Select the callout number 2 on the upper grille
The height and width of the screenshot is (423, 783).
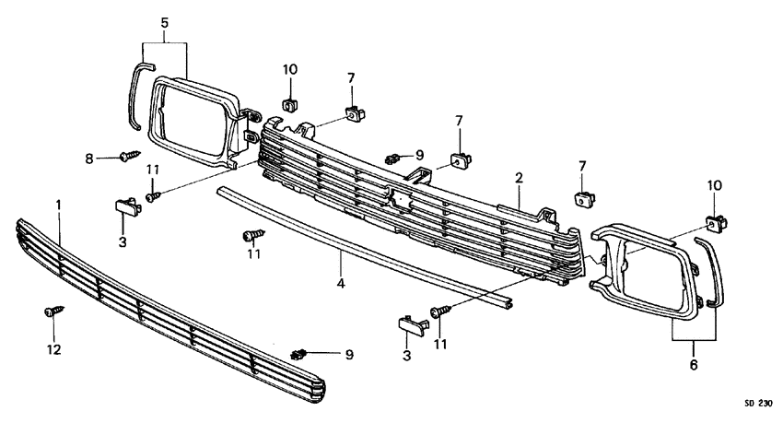point(519,176)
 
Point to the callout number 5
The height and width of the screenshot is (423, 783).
point(164,21)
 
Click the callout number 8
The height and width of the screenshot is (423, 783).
point(89,159)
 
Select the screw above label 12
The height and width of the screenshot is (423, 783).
point(51,313)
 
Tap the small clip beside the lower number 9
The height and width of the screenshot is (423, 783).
point(297,354)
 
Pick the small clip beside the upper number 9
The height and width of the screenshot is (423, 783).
point(394,157)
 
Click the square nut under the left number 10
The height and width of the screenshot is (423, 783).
point(289,103)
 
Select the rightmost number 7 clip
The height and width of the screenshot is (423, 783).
point(582,196)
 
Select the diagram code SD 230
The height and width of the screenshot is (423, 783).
point(757,403)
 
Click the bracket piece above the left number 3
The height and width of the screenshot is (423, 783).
point(127,203)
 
